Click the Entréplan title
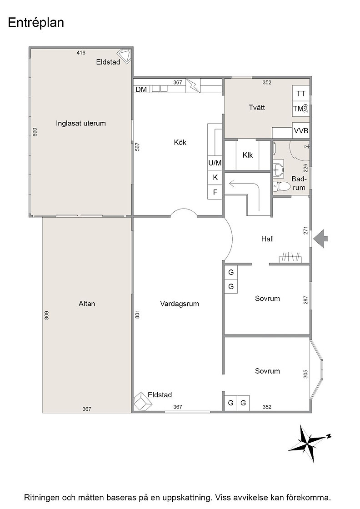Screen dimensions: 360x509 (36, 23)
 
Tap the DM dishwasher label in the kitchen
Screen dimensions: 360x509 (141, 89)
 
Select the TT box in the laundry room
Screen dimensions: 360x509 (301, 94)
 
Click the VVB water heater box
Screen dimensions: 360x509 (301, 131)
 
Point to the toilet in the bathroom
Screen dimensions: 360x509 (281, 186)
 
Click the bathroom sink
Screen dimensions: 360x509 (278, 168)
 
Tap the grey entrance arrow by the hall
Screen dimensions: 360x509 (321, 239)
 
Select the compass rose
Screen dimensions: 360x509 (308, 444)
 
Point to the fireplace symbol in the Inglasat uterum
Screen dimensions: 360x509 (125, 56)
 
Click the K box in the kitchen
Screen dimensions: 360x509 (215, 178)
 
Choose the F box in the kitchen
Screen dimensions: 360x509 (215, 192)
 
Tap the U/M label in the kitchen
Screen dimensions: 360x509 (215, 163)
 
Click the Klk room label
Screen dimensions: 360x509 (248, 155)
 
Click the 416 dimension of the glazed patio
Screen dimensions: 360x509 (81, 53)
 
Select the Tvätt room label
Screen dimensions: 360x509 (257, 107)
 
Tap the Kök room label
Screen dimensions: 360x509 (180, 142)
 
